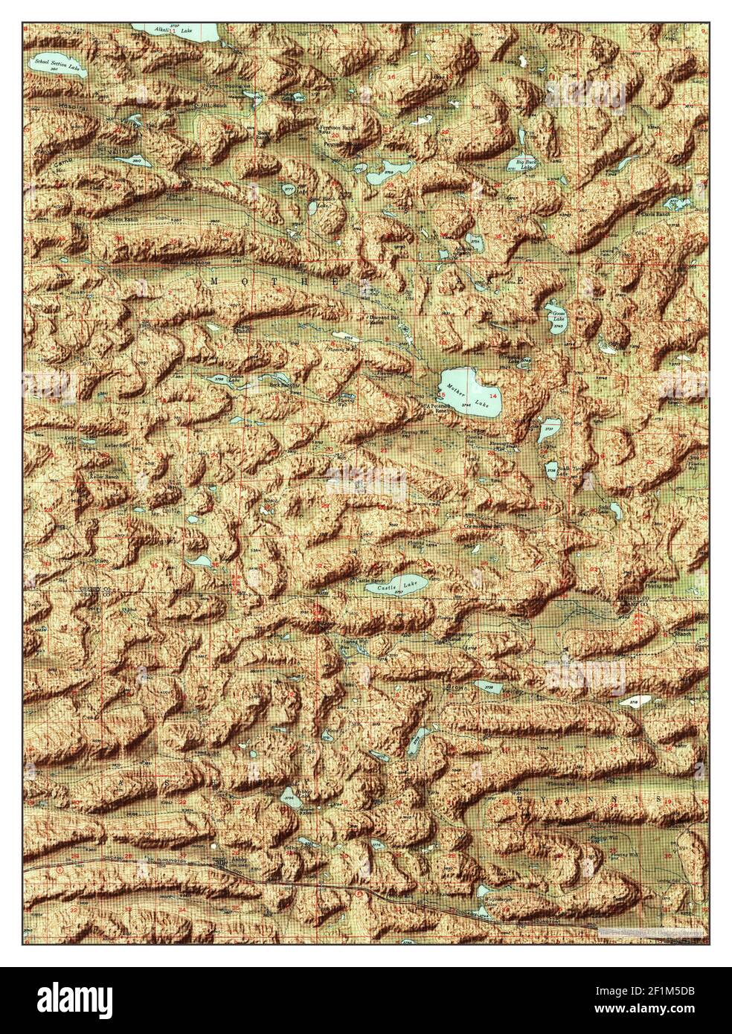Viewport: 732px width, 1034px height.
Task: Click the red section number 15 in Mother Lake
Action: click(443, 394)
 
